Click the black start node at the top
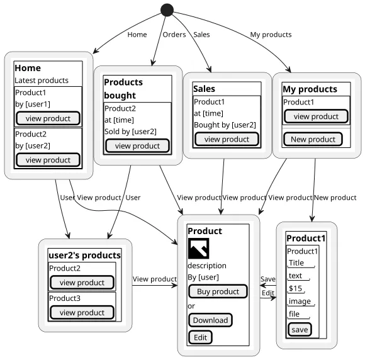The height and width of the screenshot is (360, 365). click(x=167, y=10)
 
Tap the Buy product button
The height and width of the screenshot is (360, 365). click(x=218, y=291)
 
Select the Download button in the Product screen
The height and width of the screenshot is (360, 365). click(x=210, y=320)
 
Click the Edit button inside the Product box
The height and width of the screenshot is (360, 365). click(x=200, y=337)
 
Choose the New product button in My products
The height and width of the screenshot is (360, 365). click(x=313, y=139)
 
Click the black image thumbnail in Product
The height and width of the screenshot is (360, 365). click(x=199, y=248)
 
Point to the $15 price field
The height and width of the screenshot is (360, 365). click(x=296, y=288)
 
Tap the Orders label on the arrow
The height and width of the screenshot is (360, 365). click(x=174, y=35)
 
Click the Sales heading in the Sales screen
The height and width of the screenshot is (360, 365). click(x=204, y=89)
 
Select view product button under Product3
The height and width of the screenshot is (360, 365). click(x=82, y=313)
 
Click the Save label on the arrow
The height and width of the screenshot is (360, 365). click(x=268, y=279)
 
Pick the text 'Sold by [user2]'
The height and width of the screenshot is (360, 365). click(x=130, y=132)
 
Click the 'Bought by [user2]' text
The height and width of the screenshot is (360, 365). click(x=225, y=125)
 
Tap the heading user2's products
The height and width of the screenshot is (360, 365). click(x=85, y=256)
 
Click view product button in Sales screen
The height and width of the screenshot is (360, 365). click(x=227, y=139)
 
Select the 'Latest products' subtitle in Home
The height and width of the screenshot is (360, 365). click(x=42, y=81)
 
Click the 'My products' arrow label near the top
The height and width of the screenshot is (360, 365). click(x=271, y=35)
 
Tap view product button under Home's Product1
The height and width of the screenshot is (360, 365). click(x=48, y=118)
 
